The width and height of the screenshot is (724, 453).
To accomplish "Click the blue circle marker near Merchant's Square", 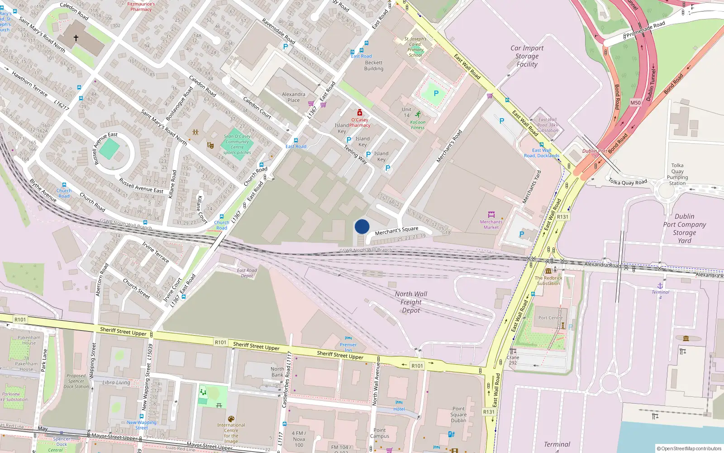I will click(362, 226).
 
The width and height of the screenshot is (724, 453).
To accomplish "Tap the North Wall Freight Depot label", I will click(411, 302).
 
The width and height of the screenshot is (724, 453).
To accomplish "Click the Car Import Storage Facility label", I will click(527, 56).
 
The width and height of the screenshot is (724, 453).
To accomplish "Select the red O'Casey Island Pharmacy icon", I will click(360, 112).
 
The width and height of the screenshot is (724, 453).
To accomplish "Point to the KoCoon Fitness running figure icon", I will click(418, 114).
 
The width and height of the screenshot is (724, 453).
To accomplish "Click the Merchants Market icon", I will click(491, 214).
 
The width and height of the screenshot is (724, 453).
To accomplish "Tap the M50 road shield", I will click(635, 103).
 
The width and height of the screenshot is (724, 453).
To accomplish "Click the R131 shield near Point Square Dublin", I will click(489, 412).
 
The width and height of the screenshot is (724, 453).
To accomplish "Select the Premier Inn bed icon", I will click(348, 338).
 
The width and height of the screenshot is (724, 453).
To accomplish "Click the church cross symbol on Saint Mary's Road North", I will click(76, 38).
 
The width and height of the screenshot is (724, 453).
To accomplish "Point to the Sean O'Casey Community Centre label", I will click(237, 144).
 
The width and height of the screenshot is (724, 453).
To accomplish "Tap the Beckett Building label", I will click(374, 66).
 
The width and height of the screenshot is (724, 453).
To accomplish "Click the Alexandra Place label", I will click(294, 97).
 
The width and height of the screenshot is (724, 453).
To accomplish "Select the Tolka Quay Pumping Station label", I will click(677, 174).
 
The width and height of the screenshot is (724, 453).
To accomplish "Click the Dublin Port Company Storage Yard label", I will click(684, 228).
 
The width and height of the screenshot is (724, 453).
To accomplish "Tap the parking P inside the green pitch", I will click(436, 93).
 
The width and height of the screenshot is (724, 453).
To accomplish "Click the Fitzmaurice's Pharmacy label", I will click(141, 6).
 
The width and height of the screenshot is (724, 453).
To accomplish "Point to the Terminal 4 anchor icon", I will click(660, 285).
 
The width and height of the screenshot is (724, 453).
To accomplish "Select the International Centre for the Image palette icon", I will click(231, 419).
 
